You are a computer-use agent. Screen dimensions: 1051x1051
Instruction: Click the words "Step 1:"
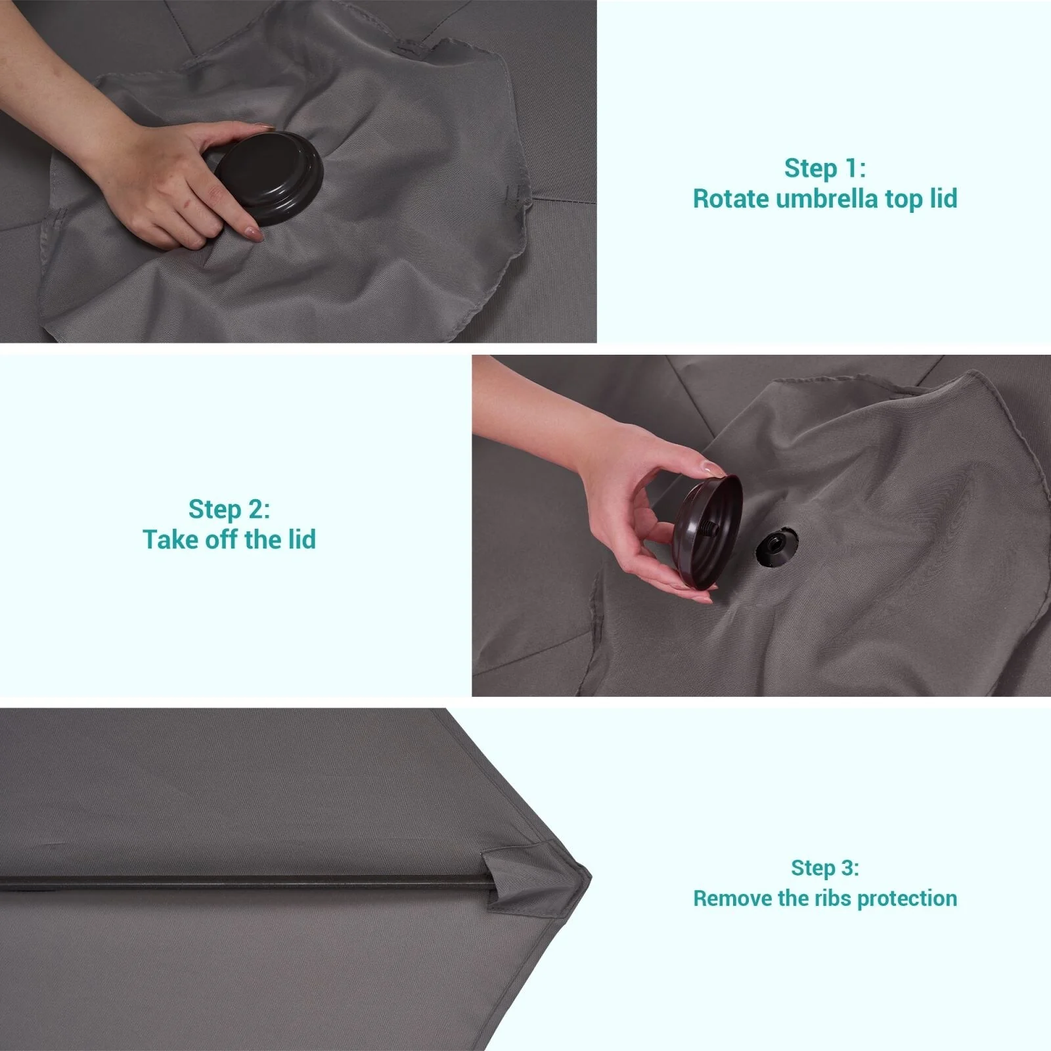(x=825, y=168)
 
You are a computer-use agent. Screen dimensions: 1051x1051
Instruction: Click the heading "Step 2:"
(x=229, y=509)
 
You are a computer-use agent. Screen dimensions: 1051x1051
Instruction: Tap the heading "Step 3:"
(x=825, y=868)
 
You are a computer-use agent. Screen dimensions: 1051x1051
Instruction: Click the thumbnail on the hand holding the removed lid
(x=713, y=468)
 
